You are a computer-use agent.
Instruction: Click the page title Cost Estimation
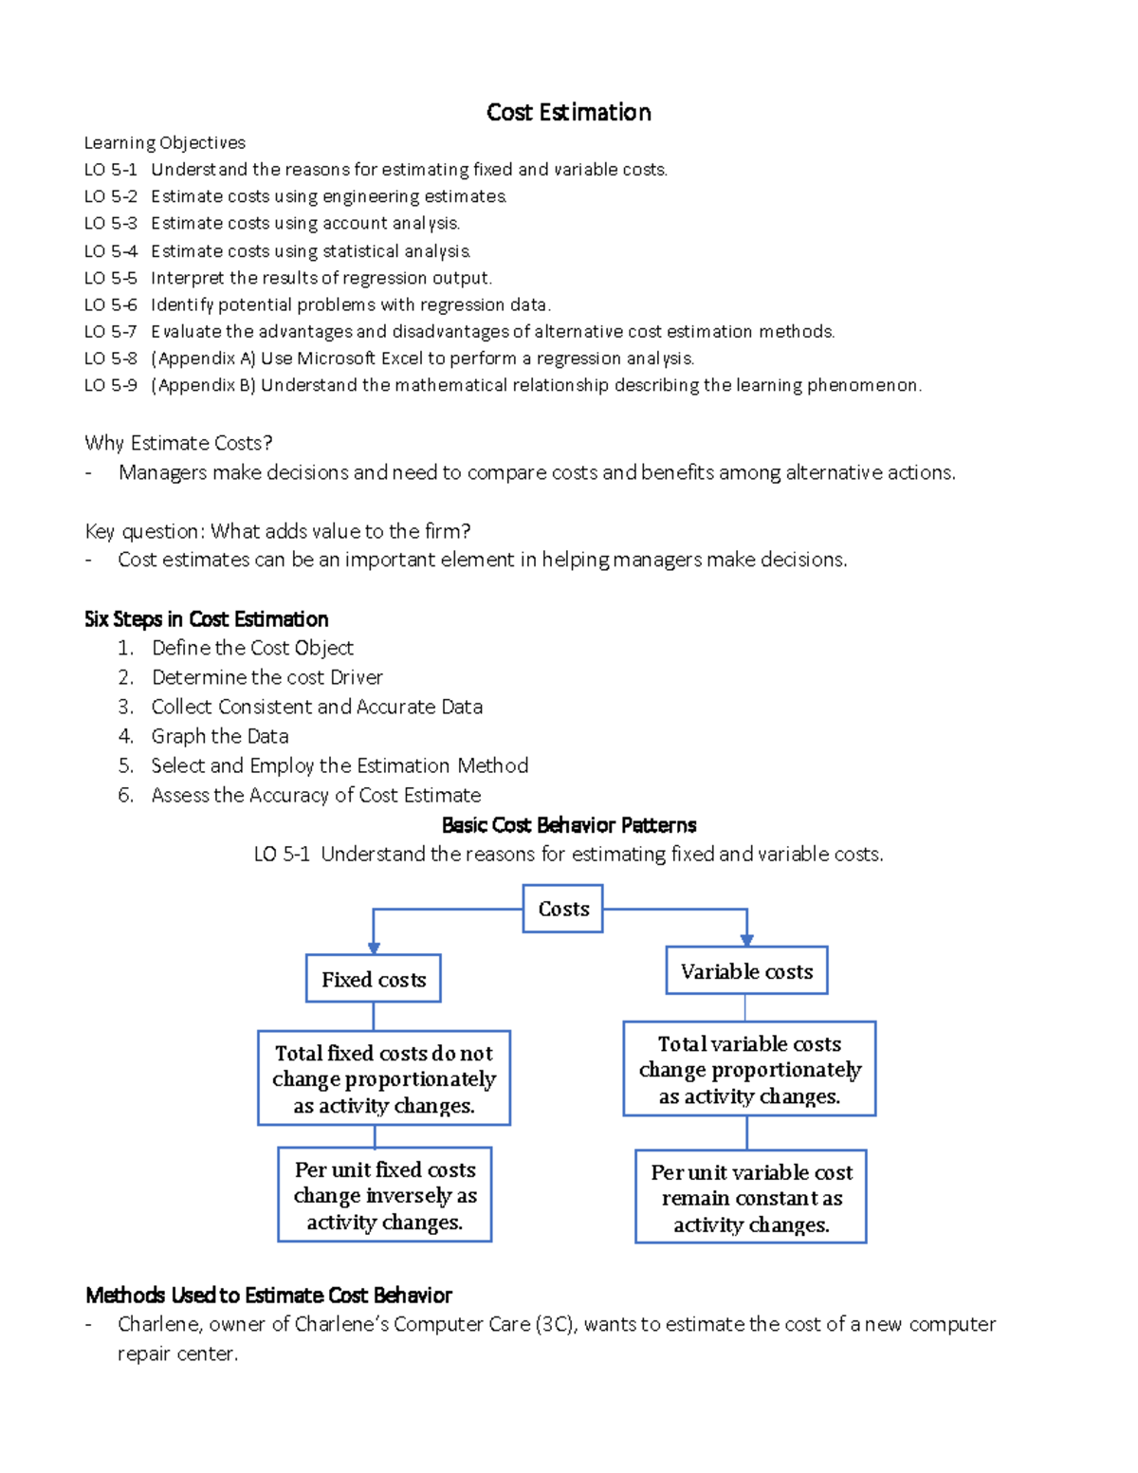coord(568,113)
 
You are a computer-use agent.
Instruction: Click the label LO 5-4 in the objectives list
coord(110,251)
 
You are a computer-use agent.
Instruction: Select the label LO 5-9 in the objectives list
coord(110,385)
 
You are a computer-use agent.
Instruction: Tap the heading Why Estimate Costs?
coord(178,443)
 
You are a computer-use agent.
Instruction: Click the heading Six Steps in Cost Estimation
coord(206,619)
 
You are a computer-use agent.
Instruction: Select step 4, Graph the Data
coord(220,736)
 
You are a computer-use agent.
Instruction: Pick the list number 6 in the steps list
coord(125,795)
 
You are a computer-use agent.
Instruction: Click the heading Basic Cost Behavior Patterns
coord(569,825)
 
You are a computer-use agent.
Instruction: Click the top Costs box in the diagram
coord(563,909)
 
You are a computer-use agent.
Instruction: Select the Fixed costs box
coord(374,979)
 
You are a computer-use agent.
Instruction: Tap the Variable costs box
coord(746,971)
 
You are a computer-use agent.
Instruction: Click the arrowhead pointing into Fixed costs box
coord(374,948)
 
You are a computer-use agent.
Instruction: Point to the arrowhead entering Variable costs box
coord(746,939)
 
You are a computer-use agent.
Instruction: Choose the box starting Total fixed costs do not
coord(384,1078)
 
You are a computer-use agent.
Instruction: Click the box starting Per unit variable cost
coord(751,1198)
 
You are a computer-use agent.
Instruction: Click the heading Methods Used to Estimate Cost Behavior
coord(268,1296)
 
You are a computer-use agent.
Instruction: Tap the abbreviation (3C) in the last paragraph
coord(555,1324)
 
